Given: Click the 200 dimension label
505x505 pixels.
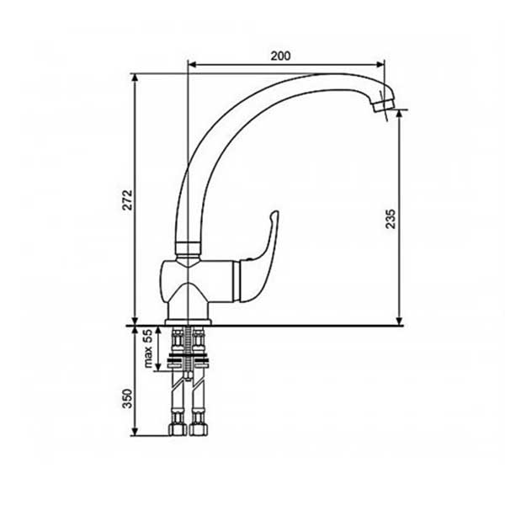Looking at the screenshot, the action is point(280,56).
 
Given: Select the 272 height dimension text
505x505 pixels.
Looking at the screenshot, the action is point(128,200).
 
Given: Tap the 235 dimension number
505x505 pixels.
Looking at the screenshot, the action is point(390,219).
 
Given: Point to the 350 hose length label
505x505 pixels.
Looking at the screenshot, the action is point(128,399).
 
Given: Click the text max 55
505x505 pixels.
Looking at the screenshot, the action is point(148,348).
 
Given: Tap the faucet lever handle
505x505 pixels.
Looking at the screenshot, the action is point(258,257).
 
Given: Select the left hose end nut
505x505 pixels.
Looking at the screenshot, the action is point(178,429).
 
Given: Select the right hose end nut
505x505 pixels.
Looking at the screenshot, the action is point(199,429).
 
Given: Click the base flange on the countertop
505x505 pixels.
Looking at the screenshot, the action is point(188,322).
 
